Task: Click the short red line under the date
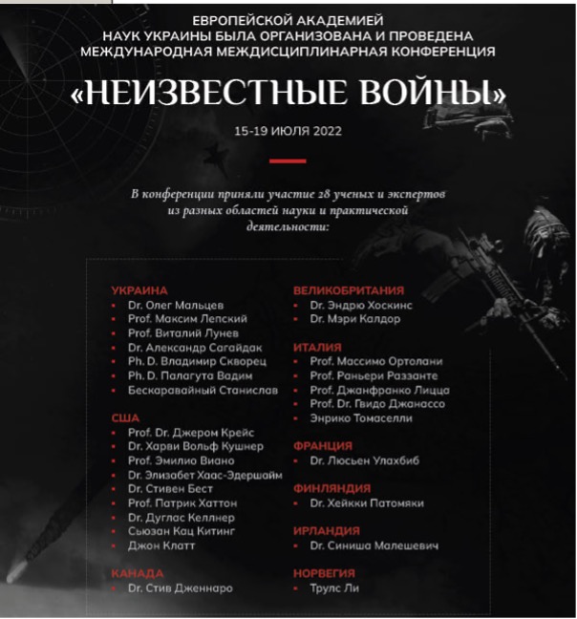tap(287, 160)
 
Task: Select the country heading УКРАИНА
tap(139, 289)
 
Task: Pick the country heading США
tap(125, 417)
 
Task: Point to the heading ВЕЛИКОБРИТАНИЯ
tap(348, 289)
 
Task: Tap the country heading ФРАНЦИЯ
tap(322, 446)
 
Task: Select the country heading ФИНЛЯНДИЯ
tap(331, 488)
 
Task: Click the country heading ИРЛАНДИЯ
tap(327, 531)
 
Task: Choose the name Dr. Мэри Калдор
tap(354, 319)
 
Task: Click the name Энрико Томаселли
tap(360, 417)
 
